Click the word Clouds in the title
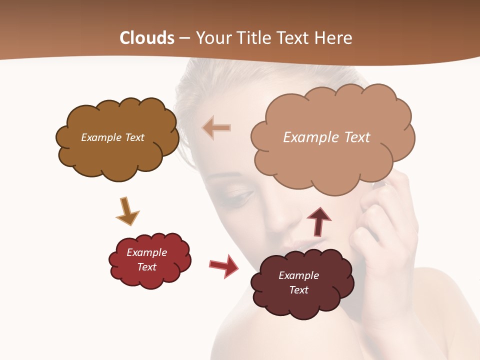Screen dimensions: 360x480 pos(147,38)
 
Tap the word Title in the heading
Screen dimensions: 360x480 pos(253,38)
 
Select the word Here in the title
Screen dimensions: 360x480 pos(334,38)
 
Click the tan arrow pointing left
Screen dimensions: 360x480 pos(216,128)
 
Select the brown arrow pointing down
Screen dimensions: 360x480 pos(127,211)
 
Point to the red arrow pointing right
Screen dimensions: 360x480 pos(224,265)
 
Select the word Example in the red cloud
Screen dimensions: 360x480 pos(146,252)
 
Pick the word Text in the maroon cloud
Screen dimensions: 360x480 pos(298,290)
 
